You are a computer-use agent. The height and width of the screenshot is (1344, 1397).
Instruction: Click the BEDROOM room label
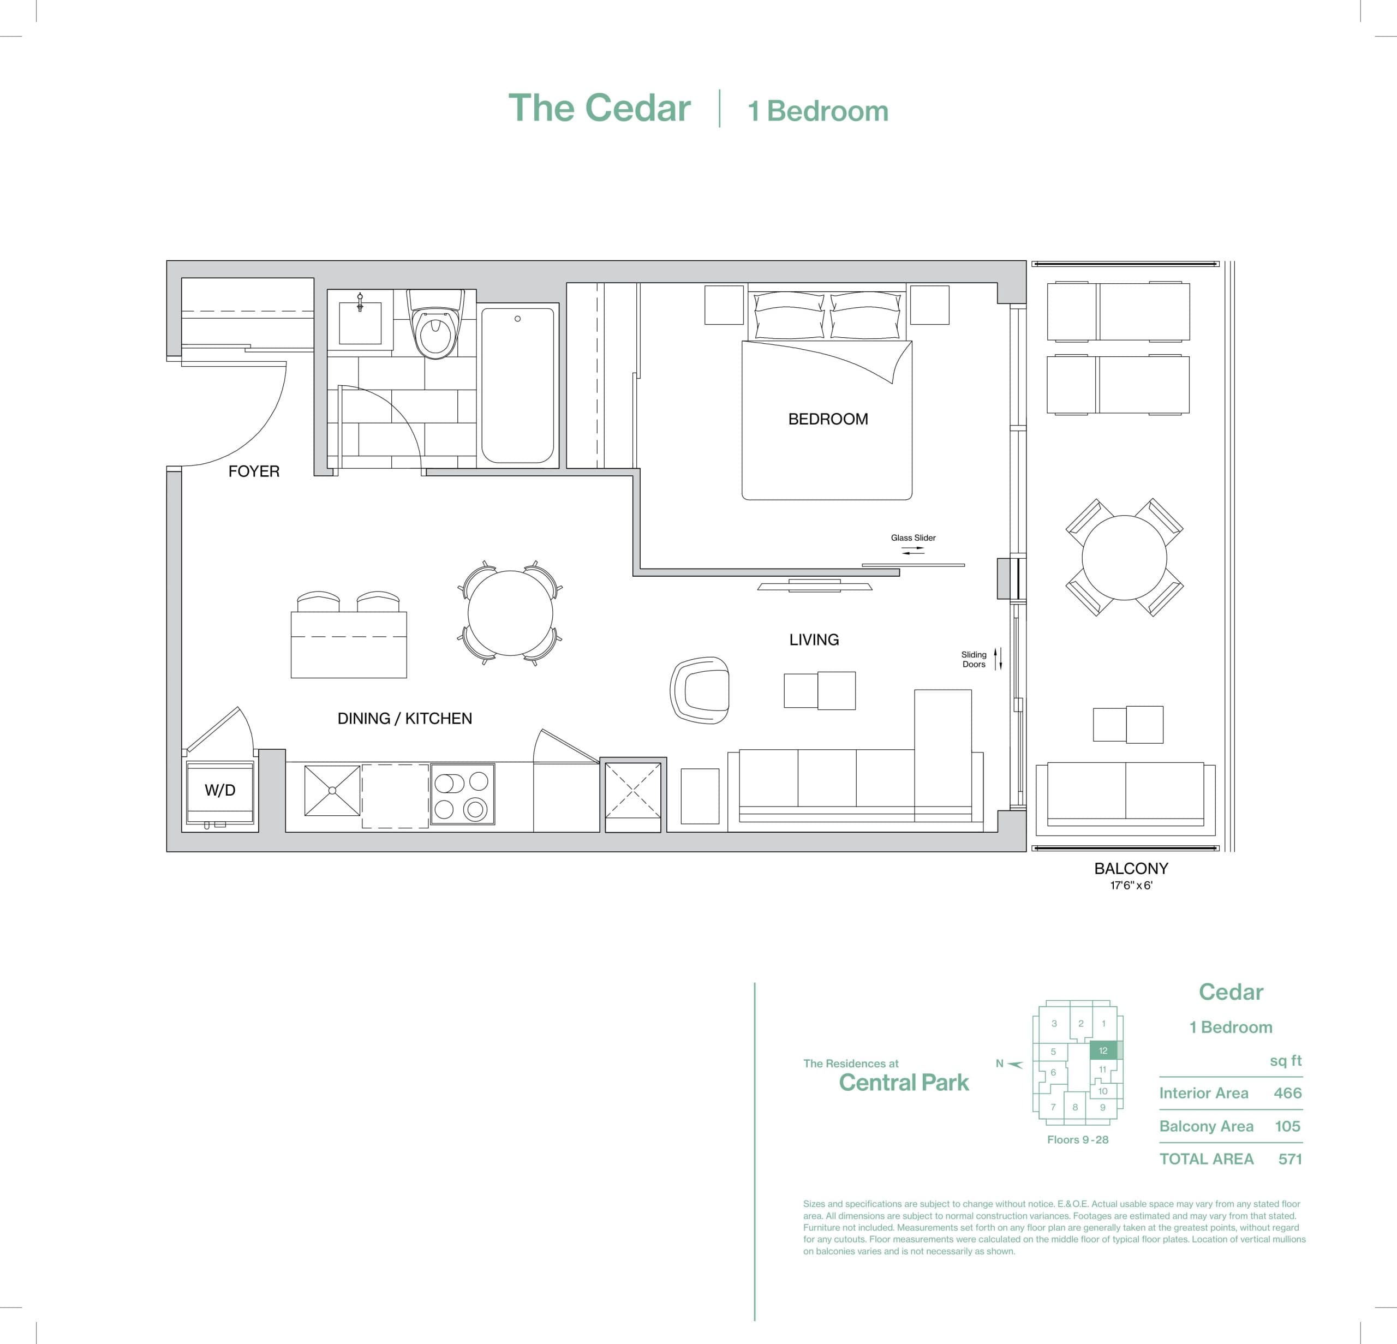[827, 419]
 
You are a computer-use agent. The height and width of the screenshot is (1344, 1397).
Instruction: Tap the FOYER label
[254, 471]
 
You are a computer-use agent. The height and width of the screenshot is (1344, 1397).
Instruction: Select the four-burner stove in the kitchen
[462, 795]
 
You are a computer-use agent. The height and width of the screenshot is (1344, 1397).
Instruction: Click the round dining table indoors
[510, 613]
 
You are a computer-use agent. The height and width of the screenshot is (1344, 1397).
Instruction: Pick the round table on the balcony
[1124, 557]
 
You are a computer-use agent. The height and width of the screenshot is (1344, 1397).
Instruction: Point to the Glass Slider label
[913, 538]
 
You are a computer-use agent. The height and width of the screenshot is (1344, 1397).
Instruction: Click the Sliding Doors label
[974, 659]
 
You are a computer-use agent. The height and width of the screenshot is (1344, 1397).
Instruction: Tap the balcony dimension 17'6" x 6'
[1131, 886]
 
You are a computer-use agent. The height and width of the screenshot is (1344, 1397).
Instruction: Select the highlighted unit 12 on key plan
[1103, 1050]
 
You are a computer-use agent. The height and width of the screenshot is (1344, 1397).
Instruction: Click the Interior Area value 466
[1287, 1093]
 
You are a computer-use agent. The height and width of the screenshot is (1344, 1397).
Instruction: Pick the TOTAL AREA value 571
[1290, 1160]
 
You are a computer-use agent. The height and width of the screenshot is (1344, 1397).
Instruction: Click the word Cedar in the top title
[638, 109]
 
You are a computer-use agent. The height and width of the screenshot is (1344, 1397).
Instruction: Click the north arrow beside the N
[1016, 1064]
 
